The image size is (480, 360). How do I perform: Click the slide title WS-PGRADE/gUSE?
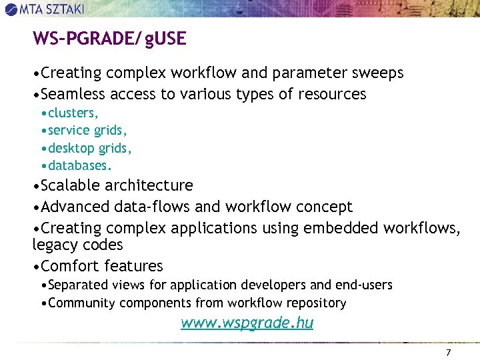(x=109, y=39)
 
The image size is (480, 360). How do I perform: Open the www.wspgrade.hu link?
(x=247, y=323)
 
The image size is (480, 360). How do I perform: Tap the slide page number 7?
(x=449, y=351)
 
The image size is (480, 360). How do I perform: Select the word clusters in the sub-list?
(x=73, y=113)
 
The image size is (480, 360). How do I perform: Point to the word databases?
(x=79, y=165)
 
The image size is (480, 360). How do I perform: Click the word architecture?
(x=149, y=185)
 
